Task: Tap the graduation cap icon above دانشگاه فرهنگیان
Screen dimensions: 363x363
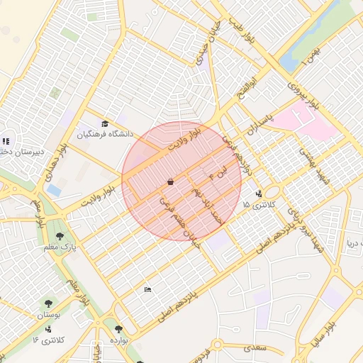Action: tap(105, 124)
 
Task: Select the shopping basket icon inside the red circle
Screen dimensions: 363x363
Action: tap(170, 182)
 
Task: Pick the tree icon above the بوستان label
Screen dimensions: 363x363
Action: tap(49, 303)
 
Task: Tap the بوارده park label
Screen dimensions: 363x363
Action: tap(118, 340)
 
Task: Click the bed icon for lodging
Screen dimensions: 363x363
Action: tap(147, 289)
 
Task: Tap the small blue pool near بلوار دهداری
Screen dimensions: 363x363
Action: tap(54, 190)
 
